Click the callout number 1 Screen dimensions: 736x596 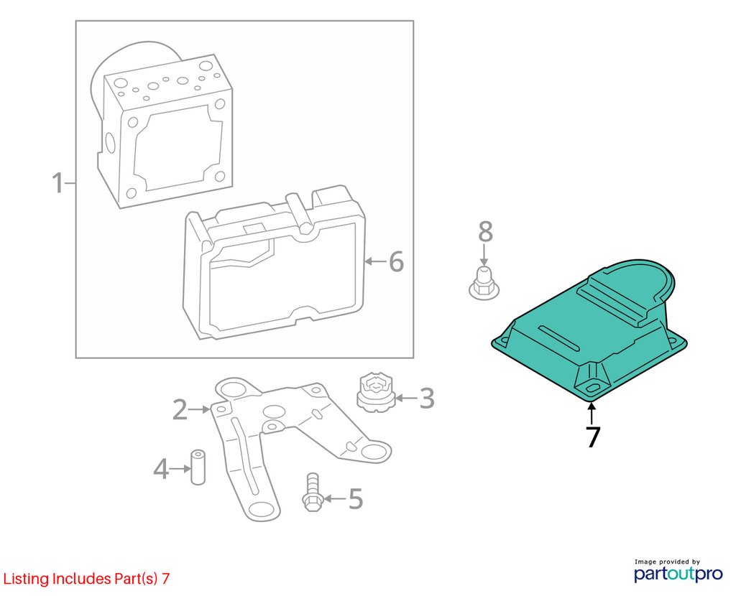click(57, 183)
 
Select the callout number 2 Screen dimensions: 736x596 click(180, 409)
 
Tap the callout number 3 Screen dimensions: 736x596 click(426, 399)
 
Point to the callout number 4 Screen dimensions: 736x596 click(161, 468)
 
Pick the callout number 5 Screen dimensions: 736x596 click(356, 498)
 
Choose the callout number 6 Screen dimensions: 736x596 click(397, 261)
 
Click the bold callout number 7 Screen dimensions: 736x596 click(593, 437)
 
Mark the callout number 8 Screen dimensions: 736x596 click(485, 232)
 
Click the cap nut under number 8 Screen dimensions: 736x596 click(484, 284)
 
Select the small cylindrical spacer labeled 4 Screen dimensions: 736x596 click(198, 467)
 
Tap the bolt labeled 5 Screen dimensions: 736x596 click(313, 492)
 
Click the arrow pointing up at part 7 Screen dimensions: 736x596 click(592, 414)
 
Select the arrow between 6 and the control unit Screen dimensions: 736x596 click(375, 261)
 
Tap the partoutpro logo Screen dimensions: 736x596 click(678, 574)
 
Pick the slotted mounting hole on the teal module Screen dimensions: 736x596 click(592, 388)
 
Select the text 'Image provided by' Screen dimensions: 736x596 click(667, 562)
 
